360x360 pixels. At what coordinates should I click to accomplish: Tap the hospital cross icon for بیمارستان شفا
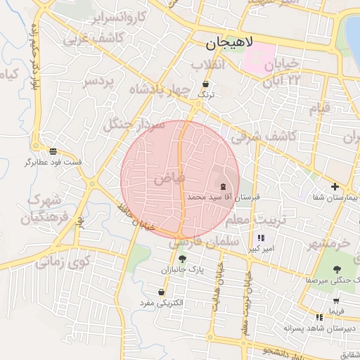[335, 187]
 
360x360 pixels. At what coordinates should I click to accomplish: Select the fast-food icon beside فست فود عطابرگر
[53, 151]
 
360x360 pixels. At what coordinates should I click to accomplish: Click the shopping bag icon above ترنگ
[205, 84]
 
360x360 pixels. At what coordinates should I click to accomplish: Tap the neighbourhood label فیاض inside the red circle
[169, 179]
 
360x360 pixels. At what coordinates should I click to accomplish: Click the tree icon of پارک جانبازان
[182, 259]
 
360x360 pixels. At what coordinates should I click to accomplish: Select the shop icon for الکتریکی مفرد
[162, 292]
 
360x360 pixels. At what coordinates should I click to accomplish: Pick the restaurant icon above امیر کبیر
[262, 238]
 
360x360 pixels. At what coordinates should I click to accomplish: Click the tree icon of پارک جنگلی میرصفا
[336, 269]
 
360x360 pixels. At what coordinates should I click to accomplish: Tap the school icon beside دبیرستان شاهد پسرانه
[320, 317]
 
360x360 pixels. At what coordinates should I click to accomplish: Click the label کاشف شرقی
[259, 134]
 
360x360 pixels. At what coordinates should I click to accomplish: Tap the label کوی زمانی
[63, 262]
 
